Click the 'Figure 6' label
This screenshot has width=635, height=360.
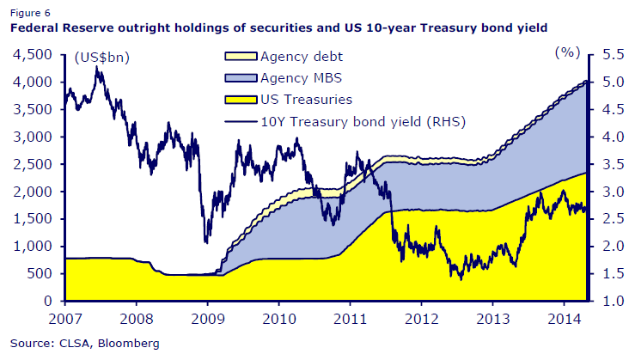(30, 13)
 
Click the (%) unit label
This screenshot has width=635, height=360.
(566, 52)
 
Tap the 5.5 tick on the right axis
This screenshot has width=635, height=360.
(610, 55)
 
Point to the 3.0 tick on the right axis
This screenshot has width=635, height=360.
(610, 192)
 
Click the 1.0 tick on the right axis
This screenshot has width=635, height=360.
(610, 302)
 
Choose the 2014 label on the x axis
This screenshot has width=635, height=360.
(562, 319)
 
